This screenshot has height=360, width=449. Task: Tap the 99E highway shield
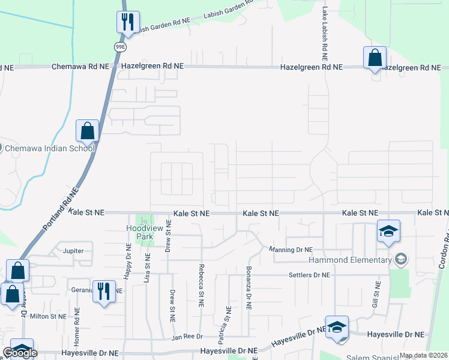click(119, 46)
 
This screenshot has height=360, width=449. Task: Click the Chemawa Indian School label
click(50, 148)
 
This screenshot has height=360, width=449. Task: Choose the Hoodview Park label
click(141, 232)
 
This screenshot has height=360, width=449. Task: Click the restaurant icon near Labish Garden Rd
click(127, 23)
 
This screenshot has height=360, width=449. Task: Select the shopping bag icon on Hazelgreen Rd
click(375, 58)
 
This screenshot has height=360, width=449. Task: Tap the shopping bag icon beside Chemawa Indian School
click(87, 130)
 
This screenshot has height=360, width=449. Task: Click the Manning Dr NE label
click(291, 250)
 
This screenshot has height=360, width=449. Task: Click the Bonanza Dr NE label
click(248, 287)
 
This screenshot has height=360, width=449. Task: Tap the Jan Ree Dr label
click(187, 337)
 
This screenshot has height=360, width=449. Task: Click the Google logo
click(20, 353)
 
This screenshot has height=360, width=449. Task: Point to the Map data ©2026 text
click(423, 355)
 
